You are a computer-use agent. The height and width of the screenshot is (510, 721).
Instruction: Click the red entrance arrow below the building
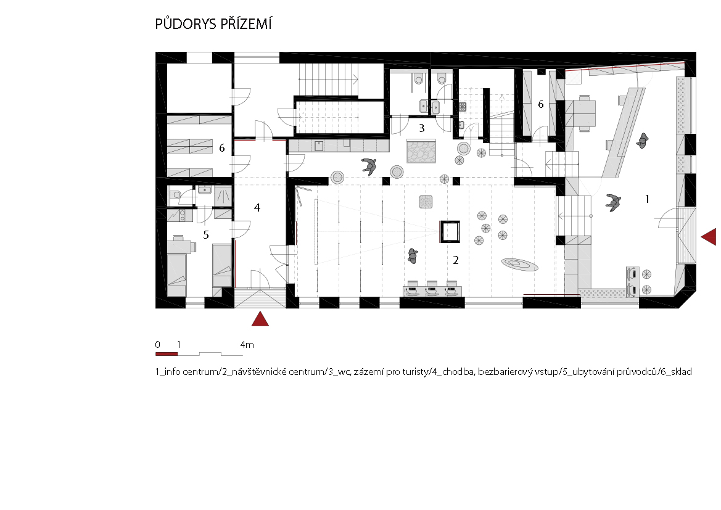260,319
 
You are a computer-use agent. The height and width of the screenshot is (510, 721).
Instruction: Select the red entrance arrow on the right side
709,237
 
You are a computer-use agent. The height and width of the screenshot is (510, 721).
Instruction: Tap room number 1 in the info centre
648,199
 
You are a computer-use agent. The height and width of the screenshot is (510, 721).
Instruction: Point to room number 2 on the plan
456,260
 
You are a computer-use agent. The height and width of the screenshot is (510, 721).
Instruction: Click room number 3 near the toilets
422,128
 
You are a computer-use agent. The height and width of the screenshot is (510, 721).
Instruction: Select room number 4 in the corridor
257,208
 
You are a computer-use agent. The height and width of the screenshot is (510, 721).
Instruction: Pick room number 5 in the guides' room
206,235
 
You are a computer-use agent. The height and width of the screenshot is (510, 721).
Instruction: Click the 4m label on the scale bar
247,345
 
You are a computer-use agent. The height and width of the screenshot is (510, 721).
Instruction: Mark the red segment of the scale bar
167,353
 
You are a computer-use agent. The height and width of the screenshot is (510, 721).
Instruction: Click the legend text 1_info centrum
186,372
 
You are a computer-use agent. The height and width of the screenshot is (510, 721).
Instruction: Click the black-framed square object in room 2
450,231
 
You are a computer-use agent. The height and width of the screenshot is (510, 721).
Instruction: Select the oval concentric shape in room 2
519,265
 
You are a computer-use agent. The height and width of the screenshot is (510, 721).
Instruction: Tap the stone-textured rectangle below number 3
421,152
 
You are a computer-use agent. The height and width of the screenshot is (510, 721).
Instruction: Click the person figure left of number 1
613,202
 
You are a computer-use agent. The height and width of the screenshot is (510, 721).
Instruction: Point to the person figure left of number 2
413,256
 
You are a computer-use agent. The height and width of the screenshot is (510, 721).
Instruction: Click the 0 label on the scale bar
158,345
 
